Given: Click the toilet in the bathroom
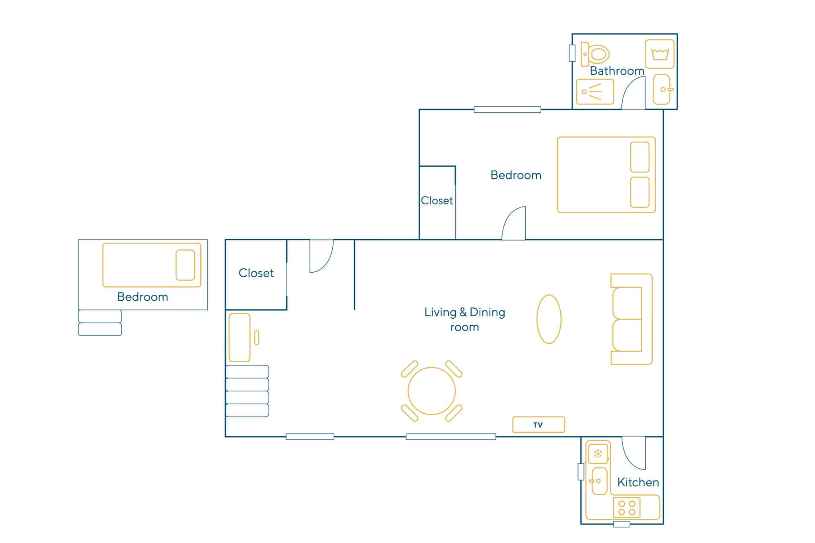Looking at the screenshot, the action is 595,54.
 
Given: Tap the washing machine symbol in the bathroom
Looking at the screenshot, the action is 660,54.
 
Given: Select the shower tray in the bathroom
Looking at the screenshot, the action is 595,91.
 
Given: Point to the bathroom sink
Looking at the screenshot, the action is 662,90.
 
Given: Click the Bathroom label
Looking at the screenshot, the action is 617,71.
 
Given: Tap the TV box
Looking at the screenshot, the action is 538,424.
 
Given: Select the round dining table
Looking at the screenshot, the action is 432,391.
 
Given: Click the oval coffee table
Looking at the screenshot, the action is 549,319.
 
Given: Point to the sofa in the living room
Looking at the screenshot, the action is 631,319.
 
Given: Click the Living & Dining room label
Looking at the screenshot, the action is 465,319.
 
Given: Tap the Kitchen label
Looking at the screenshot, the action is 638,482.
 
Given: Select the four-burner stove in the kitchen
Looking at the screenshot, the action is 627,508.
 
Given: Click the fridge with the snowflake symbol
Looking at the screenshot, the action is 598,454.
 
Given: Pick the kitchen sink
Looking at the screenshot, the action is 599,481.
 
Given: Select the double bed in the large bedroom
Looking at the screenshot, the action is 606,175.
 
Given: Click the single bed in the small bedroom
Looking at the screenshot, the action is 152,265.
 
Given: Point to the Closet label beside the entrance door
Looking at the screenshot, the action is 256,273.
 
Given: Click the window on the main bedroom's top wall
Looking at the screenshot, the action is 507,109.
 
